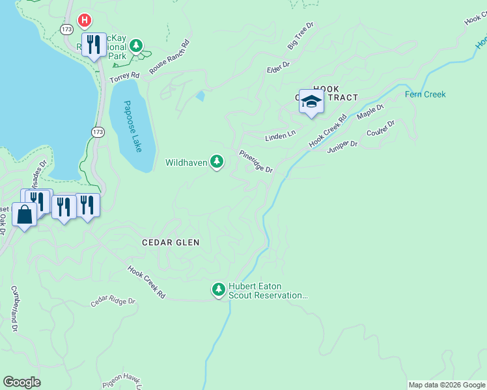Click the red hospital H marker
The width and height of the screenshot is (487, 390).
[84, 21]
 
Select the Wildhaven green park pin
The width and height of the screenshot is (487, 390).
[217, 162]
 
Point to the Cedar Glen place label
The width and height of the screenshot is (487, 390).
[171, 242]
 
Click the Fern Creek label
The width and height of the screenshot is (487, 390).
[425, 94]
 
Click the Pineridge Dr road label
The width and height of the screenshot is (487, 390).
[256, 161]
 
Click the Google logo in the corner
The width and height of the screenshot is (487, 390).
[21, 382]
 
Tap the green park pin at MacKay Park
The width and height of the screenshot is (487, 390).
[136, 45]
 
